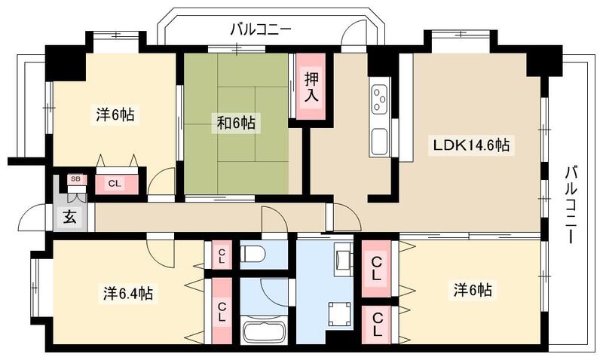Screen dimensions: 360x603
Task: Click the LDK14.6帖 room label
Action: point(470,145)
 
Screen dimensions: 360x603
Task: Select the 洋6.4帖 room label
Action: point(127,293)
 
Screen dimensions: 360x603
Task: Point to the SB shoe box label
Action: point(75,178)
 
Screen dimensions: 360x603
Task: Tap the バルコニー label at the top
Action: point(260,30)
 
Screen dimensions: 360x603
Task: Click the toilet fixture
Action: point(252,254)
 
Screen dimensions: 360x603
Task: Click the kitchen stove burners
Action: point(378,98)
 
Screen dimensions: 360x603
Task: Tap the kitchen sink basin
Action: point(378,141)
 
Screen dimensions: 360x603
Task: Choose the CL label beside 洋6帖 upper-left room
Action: point(115,183)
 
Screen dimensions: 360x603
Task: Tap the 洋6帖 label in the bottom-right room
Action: point(473,289)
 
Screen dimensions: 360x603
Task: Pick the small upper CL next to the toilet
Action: point(222,255)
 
